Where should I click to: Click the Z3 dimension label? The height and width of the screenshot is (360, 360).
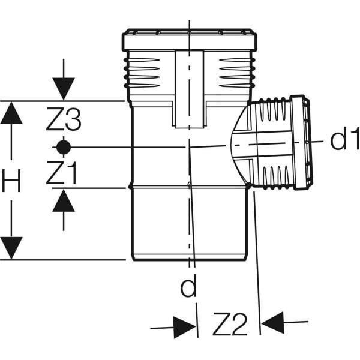pos(64,119)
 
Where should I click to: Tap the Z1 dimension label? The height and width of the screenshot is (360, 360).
pos(62,173)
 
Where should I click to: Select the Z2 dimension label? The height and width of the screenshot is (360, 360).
pos(230,324)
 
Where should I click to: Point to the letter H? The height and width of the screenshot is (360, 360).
pos(11,181)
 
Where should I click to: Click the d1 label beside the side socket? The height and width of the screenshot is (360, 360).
pos(344,139)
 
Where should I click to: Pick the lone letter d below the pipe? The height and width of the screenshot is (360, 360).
pos(189,286)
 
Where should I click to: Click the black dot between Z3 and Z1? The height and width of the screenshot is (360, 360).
pos(64,147)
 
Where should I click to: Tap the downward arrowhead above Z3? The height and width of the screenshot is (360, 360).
pos(64,89)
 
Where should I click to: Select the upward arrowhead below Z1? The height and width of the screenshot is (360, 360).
pos(64,200)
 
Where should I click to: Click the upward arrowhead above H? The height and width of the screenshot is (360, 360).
pos(11,113)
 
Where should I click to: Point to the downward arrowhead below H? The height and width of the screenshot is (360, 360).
pos(11,248)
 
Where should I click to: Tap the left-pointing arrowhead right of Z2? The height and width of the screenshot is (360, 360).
pos(273,323)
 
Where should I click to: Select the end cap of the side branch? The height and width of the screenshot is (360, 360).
pos(301,143)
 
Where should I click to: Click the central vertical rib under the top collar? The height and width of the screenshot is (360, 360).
pos(189,89)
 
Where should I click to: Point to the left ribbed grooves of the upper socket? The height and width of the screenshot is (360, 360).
pos(142,73)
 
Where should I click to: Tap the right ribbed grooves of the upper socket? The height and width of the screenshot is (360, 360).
pos(237,73)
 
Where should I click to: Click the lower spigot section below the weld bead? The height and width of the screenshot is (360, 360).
pos(190,224)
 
